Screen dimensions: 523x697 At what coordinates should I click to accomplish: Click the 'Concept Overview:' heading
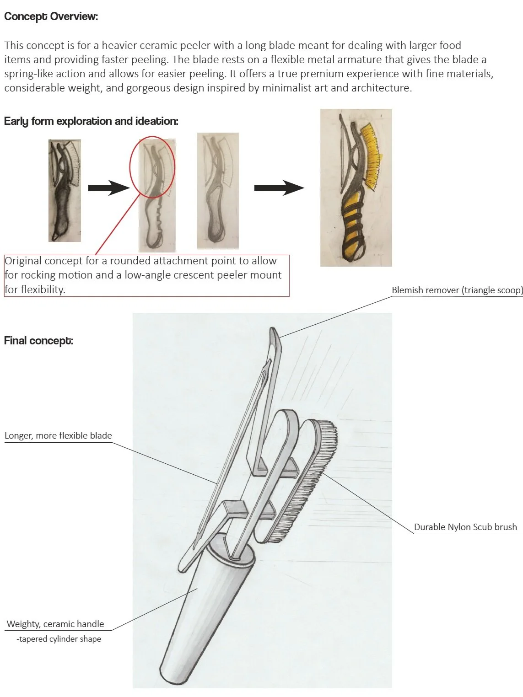click(51, 16)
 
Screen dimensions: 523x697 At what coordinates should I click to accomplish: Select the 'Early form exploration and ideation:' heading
click(91, 121)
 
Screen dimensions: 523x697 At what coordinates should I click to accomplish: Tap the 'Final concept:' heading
click(39, 341)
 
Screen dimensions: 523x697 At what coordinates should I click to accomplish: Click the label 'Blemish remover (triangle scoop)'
click(457, 290)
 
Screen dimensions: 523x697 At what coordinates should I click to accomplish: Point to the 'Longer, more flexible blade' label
click(58, 435)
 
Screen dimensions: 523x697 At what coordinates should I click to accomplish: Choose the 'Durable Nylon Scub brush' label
click(465, 527)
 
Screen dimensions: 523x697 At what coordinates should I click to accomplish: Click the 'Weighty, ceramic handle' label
click(55, 624)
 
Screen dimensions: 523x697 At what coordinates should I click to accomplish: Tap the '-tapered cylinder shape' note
click(59, 638)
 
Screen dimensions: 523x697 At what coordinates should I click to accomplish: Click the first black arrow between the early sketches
click(108, 188)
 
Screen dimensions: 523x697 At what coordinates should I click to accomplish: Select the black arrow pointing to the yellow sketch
click(279, 188)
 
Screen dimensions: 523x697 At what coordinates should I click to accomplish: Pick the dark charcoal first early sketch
click(65, 191)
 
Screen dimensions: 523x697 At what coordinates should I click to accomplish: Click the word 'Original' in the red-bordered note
click(23, 261)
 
